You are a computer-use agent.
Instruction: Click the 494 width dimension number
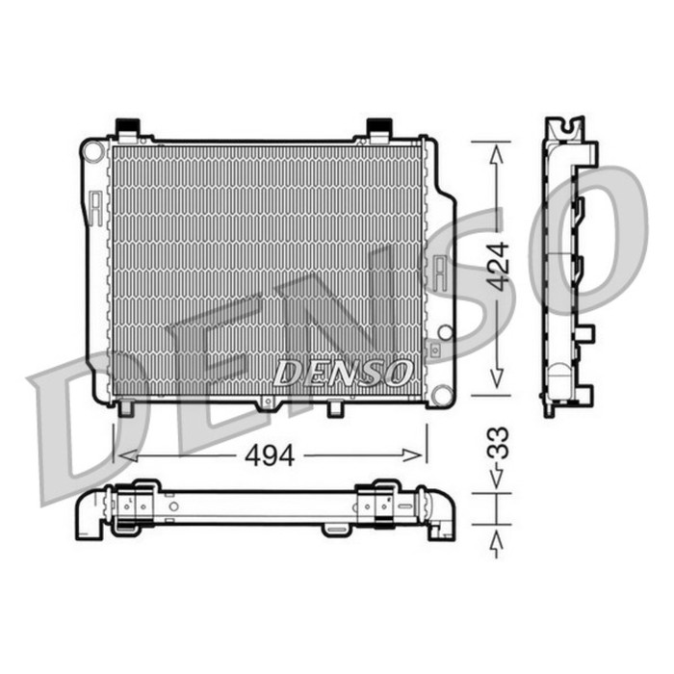pyautogui.click(x=270, y=455)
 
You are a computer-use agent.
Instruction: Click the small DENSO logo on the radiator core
pyautogui.click(x=343, y=372)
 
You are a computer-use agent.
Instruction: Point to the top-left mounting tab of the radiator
pyautogui.click(x=127, y=129)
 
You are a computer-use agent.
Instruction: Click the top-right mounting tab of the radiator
pyautogui.click(x=378, y=129)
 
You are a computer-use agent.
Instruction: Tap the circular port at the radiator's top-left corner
pyautogui.click(x=93, y=152)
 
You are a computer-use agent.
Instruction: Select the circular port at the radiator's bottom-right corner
pyautogui.click(x=441, y=394)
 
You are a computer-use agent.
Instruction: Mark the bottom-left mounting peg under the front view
pyautogui.click(x=125, y=408)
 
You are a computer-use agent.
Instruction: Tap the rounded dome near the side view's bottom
pyautogui.click(x=558, y=377)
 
